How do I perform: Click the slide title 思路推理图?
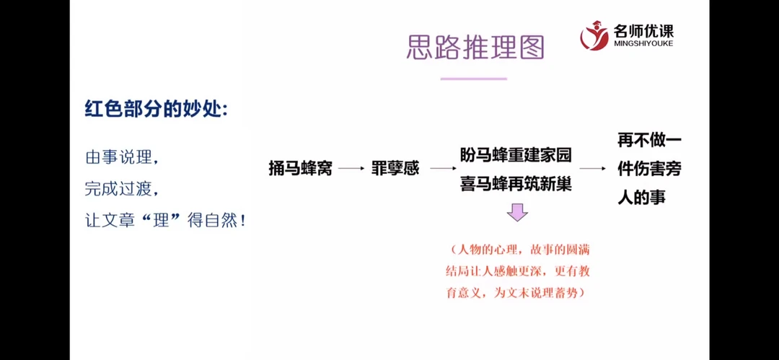click(475, 46)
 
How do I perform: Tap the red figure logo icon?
click(594, 35)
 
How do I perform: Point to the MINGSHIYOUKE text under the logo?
click(643, 44)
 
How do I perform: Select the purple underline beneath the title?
click(473, 78)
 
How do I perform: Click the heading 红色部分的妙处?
click(156, 110)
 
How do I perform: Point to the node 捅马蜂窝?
click(300, 169)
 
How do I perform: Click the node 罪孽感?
click(395, 169)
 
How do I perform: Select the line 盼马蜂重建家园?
click(516, 154)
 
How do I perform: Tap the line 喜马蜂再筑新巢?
click(516, 184)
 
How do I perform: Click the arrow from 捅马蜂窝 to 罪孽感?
click(351, 169)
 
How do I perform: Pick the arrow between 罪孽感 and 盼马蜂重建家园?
click(442, 169)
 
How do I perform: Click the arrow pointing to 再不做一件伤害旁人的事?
click(592, 169)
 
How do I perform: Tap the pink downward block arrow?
click(516, 213)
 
